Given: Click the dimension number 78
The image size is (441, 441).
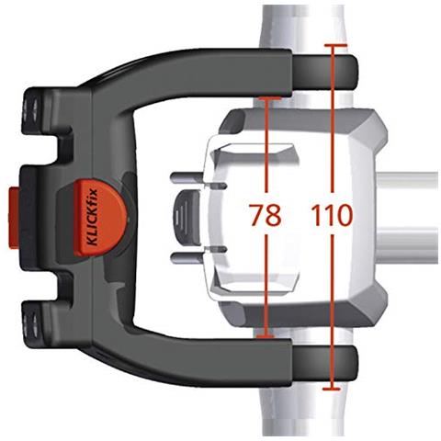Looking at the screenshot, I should [266, 217].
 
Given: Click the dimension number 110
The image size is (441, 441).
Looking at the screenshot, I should [332, 217].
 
